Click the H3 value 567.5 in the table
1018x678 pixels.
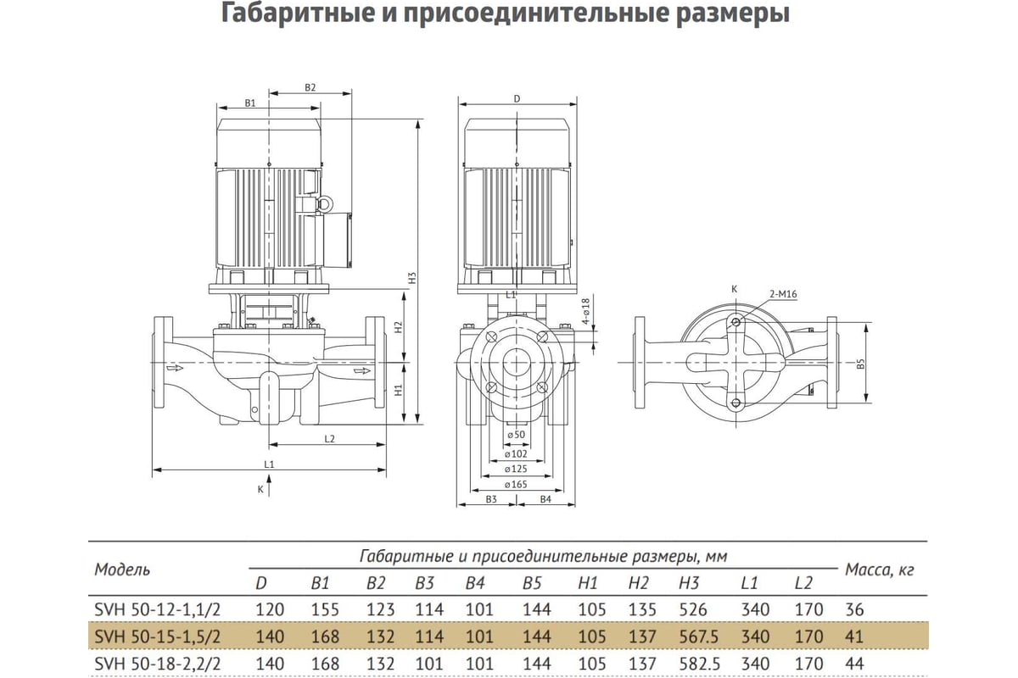tap(699, 636)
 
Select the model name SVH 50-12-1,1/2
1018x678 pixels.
tap(157, 609)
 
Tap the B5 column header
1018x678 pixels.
tap(532, 582)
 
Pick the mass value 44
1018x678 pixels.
tap(854, 664)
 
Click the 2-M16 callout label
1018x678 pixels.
tap(784, 294)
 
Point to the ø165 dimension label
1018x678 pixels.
tap(516, 484)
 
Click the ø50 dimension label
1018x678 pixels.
tap(516, 435)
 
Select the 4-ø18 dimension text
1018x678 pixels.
tap(586, 311)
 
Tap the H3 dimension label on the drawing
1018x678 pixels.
tap(412, 278)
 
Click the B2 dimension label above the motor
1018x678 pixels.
tap(310, 87)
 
